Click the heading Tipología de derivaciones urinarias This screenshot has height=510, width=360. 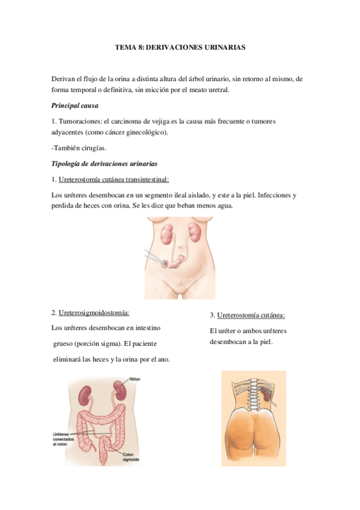coord(105,164)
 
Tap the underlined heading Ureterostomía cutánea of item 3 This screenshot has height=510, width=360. coord(251,315)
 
